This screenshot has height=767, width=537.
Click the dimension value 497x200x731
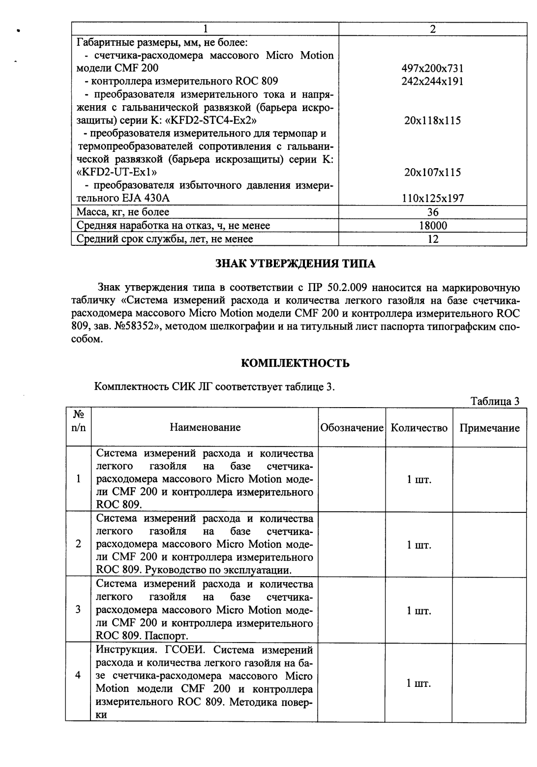pos(432,68)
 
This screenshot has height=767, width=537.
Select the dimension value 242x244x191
pos(432,81)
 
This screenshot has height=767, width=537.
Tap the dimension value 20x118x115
pos(432,120)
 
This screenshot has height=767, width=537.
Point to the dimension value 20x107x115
pos(432,173)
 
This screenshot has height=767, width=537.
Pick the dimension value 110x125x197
pos(432,199)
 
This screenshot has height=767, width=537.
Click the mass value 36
pos(433,212)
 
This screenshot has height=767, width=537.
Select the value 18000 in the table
pos(433,226)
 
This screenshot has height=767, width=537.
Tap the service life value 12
pos(433,239)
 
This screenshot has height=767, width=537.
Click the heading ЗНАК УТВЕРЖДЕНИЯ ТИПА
pos(296,264)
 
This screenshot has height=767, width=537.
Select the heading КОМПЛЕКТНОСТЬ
pos(295,363)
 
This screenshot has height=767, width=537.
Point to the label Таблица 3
pos(495,401)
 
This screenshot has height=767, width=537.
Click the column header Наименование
pos(205,427)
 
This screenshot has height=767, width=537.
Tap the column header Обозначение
pos(352,428)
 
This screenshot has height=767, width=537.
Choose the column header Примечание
pos(489,428)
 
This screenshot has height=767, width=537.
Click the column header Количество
pos(419,428)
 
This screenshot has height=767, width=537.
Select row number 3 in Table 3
pos(78,610)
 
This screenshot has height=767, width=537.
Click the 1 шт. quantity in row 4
pos(419,683)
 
